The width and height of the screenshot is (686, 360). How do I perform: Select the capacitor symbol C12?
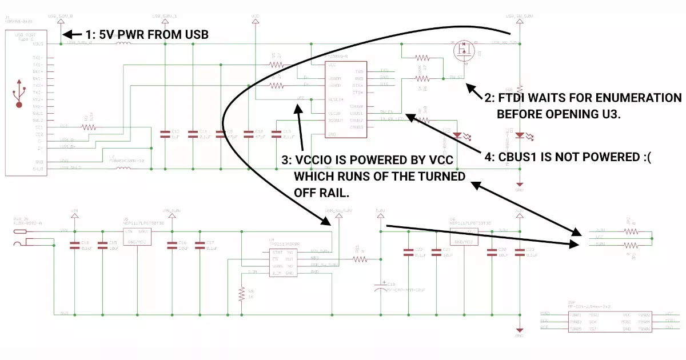pyautogui.click(x=165, y=134)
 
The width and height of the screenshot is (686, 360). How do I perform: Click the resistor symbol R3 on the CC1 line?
pyautogui.click(x=89, y=127)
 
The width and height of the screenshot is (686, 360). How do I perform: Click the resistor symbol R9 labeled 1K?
pyautogui.click(x=241, y=294)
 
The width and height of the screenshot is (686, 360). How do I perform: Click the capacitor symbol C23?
pyautogui.click(x=519, y=251)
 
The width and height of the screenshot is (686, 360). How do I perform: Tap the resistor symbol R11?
pyautogui.click(x=360, y=259)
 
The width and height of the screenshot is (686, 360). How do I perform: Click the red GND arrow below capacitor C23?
pyautogui.click(x=519, y=330)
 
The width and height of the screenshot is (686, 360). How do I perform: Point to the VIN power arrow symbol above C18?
pyautogui.click(x=74, y=217)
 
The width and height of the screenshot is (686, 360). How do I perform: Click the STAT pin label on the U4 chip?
pyautogui.click(x=277, y=252)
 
